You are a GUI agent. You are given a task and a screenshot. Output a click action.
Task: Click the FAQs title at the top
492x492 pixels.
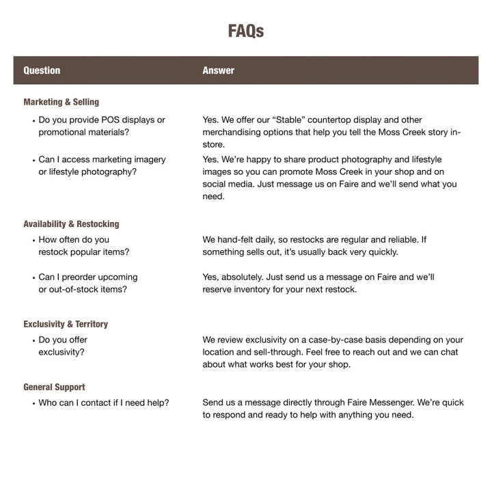coord(245,31)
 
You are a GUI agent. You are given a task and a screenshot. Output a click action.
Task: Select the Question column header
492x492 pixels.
coord(42,70)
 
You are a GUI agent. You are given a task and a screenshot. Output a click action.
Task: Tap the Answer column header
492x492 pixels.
coord(218,70)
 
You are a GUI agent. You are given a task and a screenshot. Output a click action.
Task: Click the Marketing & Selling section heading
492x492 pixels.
coord(61,102)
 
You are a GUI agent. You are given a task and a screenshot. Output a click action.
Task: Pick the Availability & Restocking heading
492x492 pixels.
coord(71,223)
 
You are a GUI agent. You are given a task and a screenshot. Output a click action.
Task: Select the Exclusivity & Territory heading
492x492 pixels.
coord(66,324)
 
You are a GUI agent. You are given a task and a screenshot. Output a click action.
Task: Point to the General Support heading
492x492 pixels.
coord(54,387)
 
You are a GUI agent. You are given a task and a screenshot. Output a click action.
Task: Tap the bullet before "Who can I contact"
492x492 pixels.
coord(33,403)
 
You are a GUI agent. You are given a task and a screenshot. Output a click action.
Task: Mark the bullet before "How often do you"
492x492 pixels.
coord(33,241)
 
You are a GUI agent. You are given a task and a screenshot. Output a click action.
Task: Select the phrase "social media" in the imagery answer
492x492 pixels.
coord(230,184)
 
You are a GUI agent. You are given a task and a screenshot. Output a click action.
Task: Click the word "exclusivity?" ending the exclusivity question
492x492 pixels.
coord(61,352)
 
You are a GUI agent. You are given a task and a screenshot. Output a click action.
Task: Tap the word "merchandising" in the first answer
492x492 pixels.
coord(234,132)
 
